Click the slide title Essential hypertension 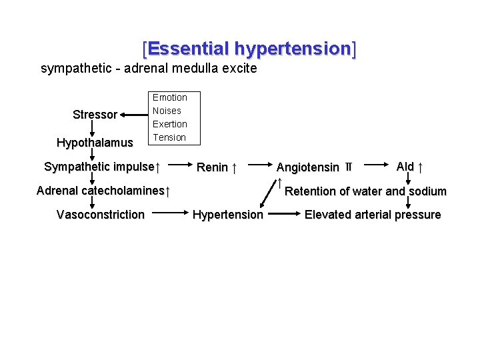pyautogui.click(x=249, y=49)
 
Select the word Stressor pyautogui.click(x=95, y=115)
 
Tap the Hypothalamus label pyautogui.click(x=95, y=143)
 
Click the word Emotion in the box pyautogui.click(x=169, y=97)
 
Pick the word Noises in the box pyautogui.click(x=167, y=111)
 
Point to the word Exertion pyautogui.click(x=169, y=124)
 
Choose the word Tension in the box pyautogui.click(x=169, y=137)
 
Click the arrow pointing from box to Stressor pyautogui.click(x=133, y=115)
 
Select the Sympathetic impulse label pyautogui.click(x=101, y=167)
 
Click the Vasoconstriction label pyautogui.click(x=100, y=215)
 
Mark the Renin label pyautogui.click(x=217, y=167)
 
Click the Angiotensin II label pyautogui.click(x=314, y=167)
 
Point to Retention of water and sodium pyautogui.click(x=365, y=191)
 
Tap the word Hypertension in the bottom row pyautogui.click(x=227, y=215)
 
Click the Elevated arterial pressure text pyautogui.click(x=373, y=215)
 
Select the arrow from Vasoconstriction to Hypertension pyautogui.click(x=169, y=214)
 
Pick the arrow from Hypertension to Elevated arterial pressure pyautogui.click(x=283, y=214)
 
